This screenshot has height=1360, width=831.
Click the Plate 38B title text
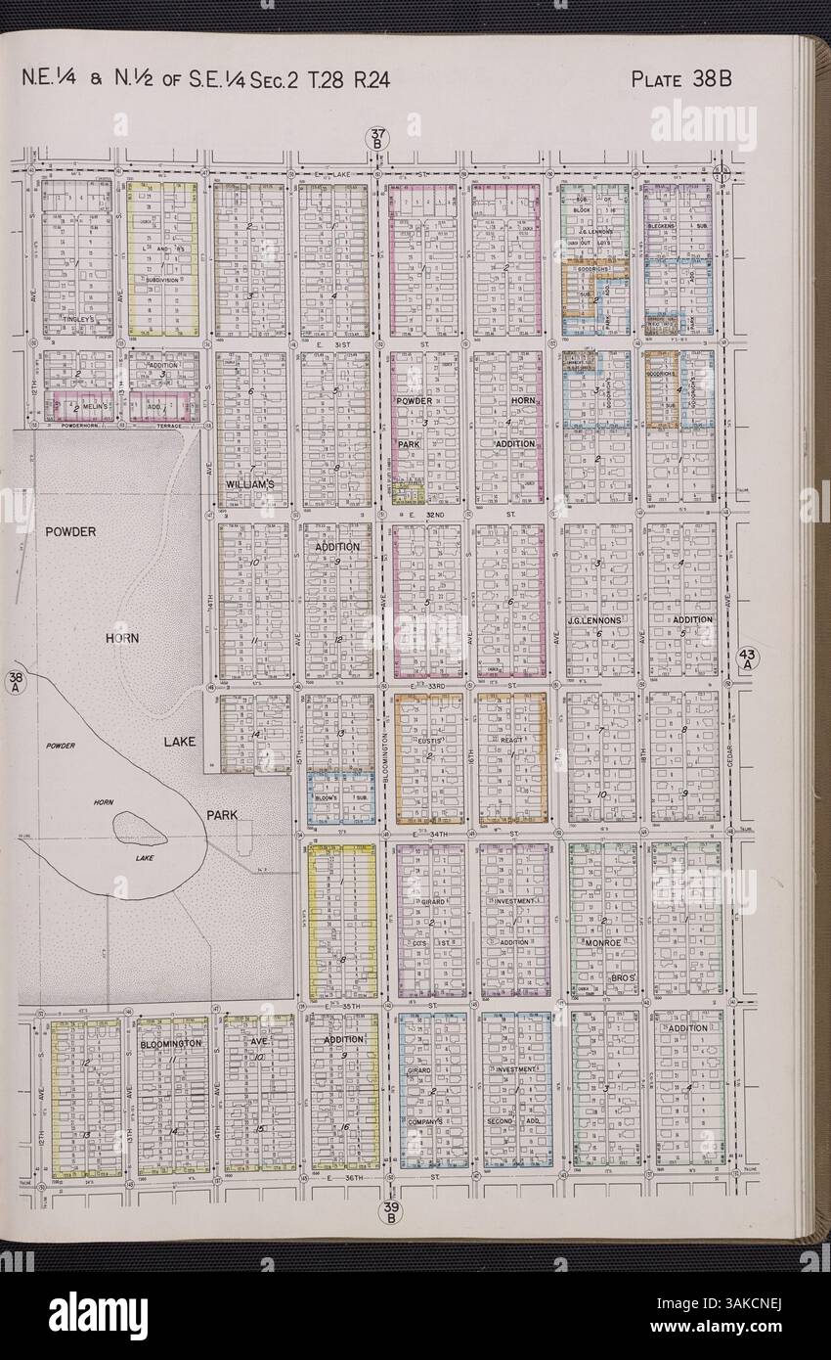681,79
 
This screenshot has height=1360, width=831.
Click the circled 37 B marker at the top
378,143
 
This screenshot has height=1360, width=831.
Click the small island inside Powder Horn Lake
140,828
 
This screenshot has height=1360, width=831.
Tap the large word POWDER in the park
69,531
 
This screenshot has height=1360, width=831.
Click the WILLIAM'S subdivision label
250,483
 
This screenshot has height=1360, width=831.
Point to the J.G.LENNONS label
594,620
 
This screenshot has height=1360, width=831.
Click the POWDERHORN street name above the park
81,427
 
